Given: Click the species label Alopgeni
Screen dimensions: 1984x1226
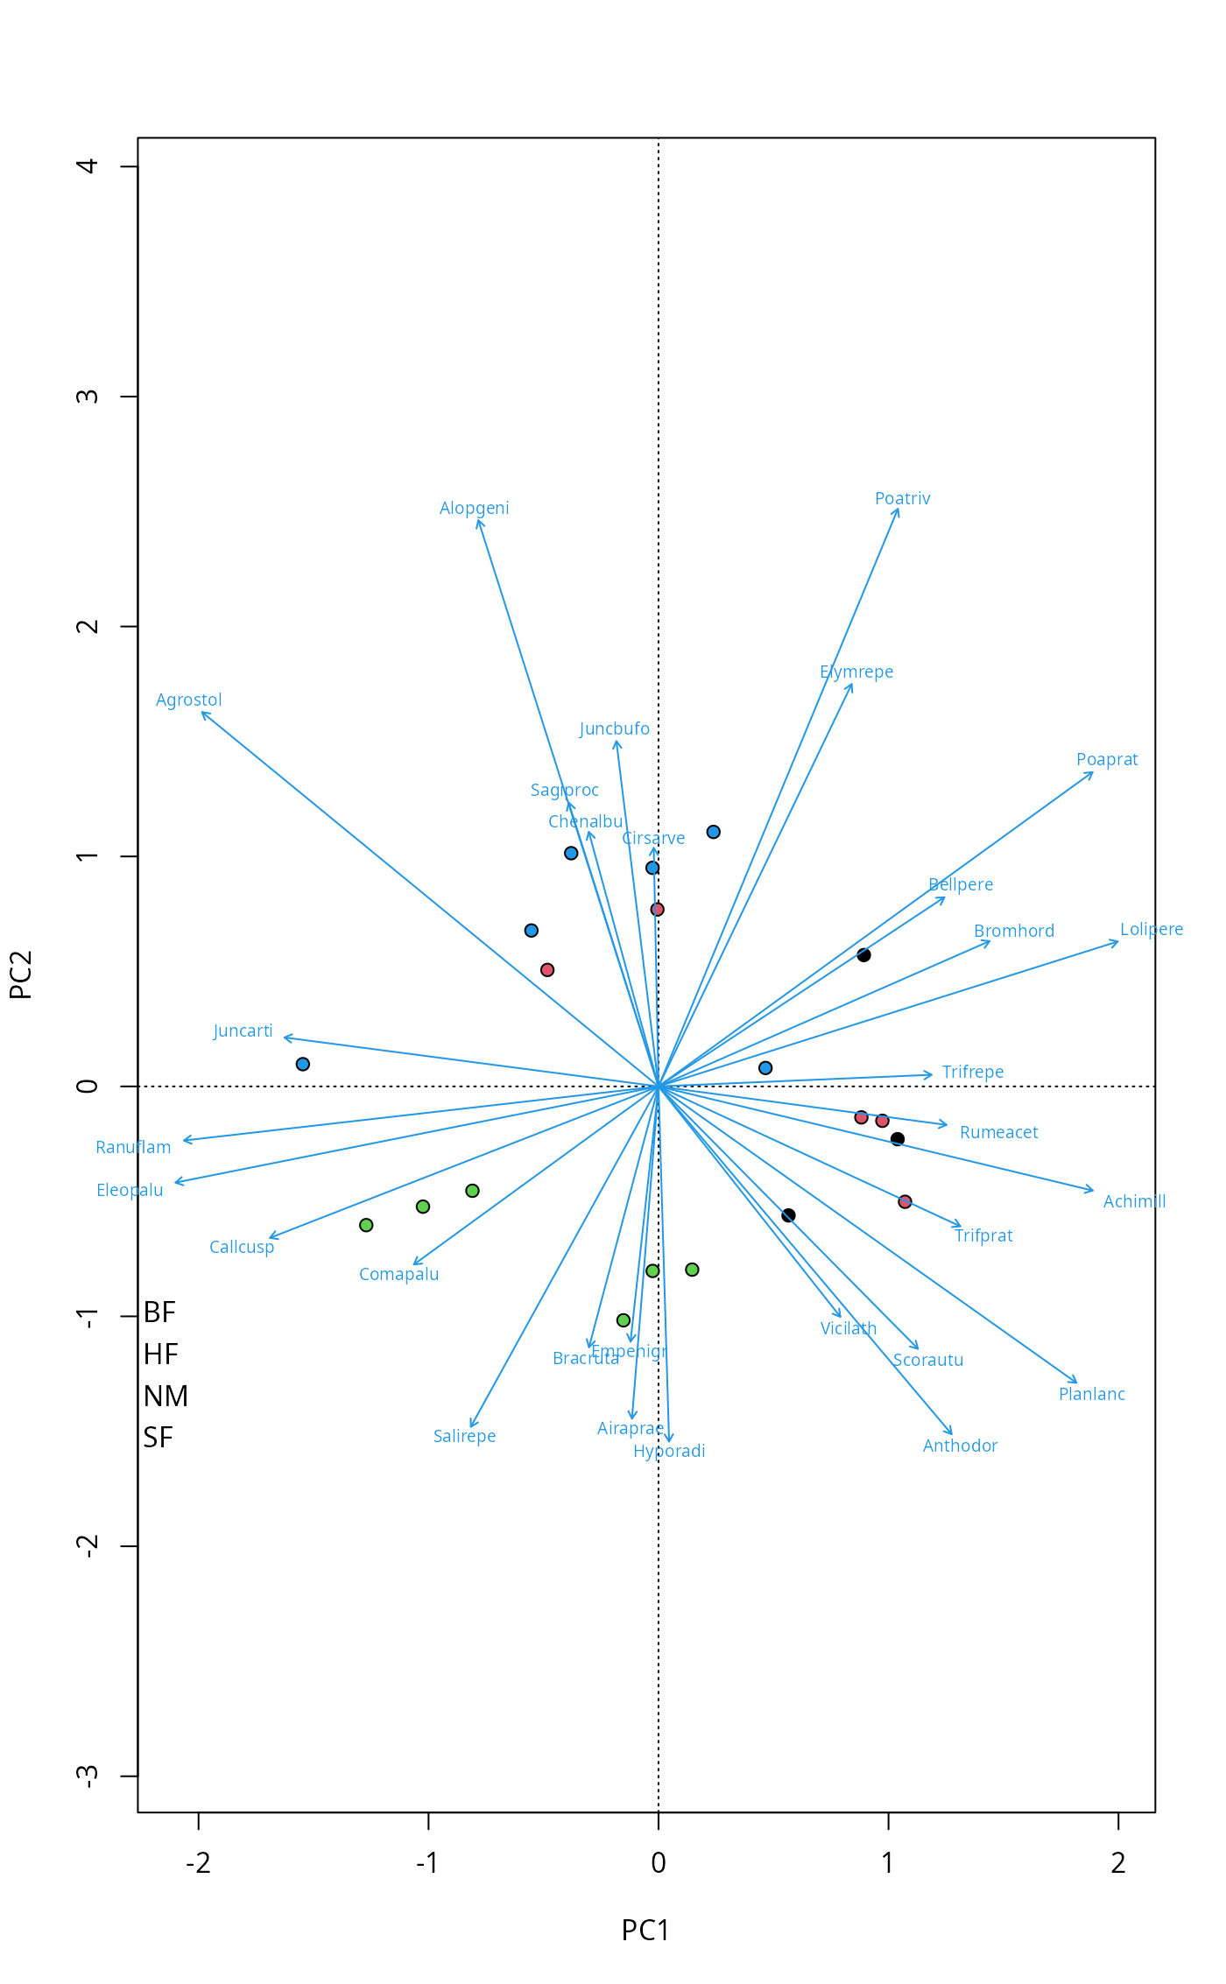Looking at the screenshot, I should click(474, 509).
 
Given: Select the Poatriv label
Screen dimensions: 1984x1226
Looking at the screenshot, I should click(902, 499).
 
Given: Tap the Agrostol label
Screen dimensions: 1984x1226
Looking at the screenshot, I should click(188, 700).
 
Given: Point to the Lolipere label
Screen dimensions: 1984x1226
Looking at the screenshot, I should click(1151, 930).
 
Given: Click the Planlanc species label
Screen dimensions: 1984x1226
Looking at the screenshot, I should click(1091, 1395).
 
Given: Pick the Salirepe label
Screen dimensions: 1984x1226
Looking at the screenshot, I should click(464, 1437).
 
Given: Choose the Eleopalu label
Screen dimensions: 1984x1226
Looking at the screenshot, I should click(130, 1191).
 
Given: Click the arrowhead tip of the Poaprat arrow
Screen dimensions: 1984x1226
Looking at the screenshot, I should click(1093, 772).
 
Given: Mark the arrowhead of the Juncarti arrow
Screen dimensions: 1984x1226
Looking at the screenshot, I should click(284, 1038).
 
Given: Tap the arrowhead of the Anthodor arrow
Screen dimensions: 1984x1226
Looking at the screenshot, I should click(952, 1434).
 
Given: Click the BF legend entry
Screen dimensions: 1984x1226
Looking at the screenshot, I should click(160, 1312).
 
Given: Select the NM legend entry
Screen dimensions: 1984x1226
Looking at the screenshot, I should click(166, 1397).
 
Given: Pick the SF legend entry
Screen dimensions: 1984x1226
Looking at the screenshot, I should click(159, 1438).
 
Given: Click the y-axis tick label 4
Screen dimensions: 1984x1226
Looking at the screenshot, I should click(88, 165).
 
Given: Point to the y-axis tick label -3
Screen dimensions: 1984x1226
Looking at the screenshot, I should click(88, 1776).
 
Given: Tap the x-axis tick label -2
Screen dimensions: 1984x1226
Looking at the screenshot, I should click(198, 1863).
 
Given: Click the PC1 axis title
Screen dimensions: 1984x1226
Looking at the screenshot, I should click(645, 1931).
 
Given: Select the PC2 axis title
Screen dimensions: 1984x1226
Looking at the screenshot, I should click(20, 974).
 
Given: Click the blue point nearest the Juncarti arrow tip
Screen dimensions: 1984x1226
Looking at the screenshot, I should click(303, 1065).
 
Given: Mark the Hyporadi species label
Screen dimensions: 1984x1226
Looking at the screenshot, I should click(669, 1452).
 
